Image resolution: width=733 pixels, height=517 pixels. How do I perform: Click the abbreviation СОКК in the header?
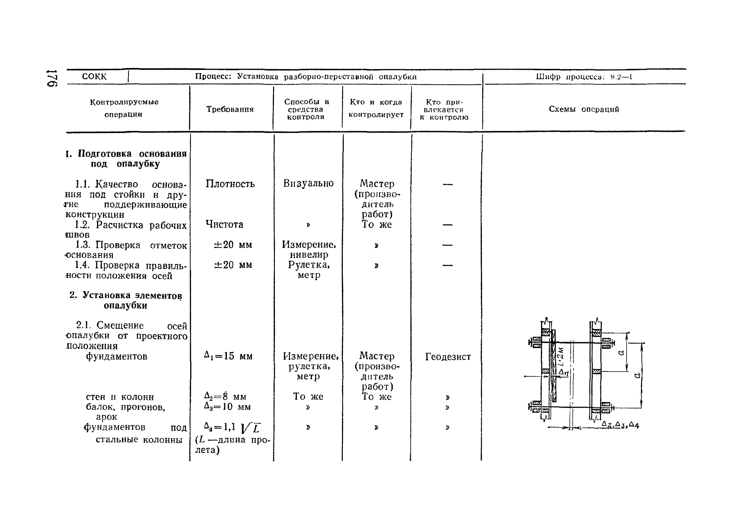[94, 77]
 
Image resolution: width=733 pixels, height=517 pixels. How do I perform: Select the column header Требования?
[230, 109]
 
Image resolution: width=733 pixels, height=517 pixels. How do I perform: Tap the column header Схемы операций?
[583, 109]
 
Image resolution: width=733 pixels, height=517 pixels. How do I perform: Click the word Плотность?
[230, 184]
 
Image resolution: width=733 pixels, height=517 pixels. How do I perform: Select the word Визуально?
[308, 183]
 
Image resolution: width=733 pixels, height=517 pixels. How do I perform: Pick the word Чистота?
[224, 224]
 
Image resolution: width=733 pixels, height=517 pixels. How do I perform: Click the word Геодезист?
[447, 357]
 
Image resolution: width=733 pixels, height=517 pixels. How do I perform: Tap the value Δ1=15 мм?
[228, 356]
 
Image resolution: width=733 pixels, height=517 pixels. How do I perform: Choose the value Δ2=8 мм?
[225, 397]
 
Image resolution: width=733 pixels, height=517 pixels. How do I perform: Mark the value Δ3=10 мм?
[227, 407]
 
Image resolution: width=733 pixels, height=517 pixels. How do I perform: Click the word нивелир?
[309, 255]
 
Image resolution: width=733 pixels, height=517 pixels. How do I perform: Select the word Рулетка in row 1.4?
[309, 265]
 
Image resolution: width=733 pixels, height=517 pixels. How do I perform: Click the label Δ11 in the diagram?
[563, 373]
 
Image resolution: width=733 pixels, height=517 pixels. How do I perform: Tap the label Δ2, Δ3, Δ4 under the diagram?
[620, 425]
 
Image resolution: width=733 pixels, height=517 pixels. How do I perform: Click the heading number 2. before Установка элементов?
[73, 295]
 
